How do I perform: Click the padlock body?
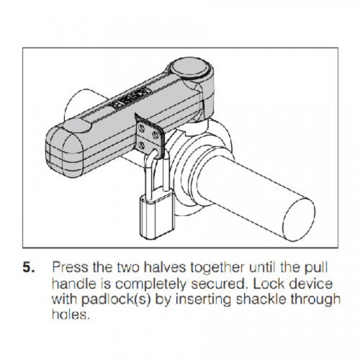[x=156, y=215]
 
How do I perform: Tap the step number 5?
[x=29, y=268]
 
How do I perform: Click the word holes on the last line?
[x=71, y=315]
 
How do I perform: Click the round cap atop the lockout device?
[x=189, y=68]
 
